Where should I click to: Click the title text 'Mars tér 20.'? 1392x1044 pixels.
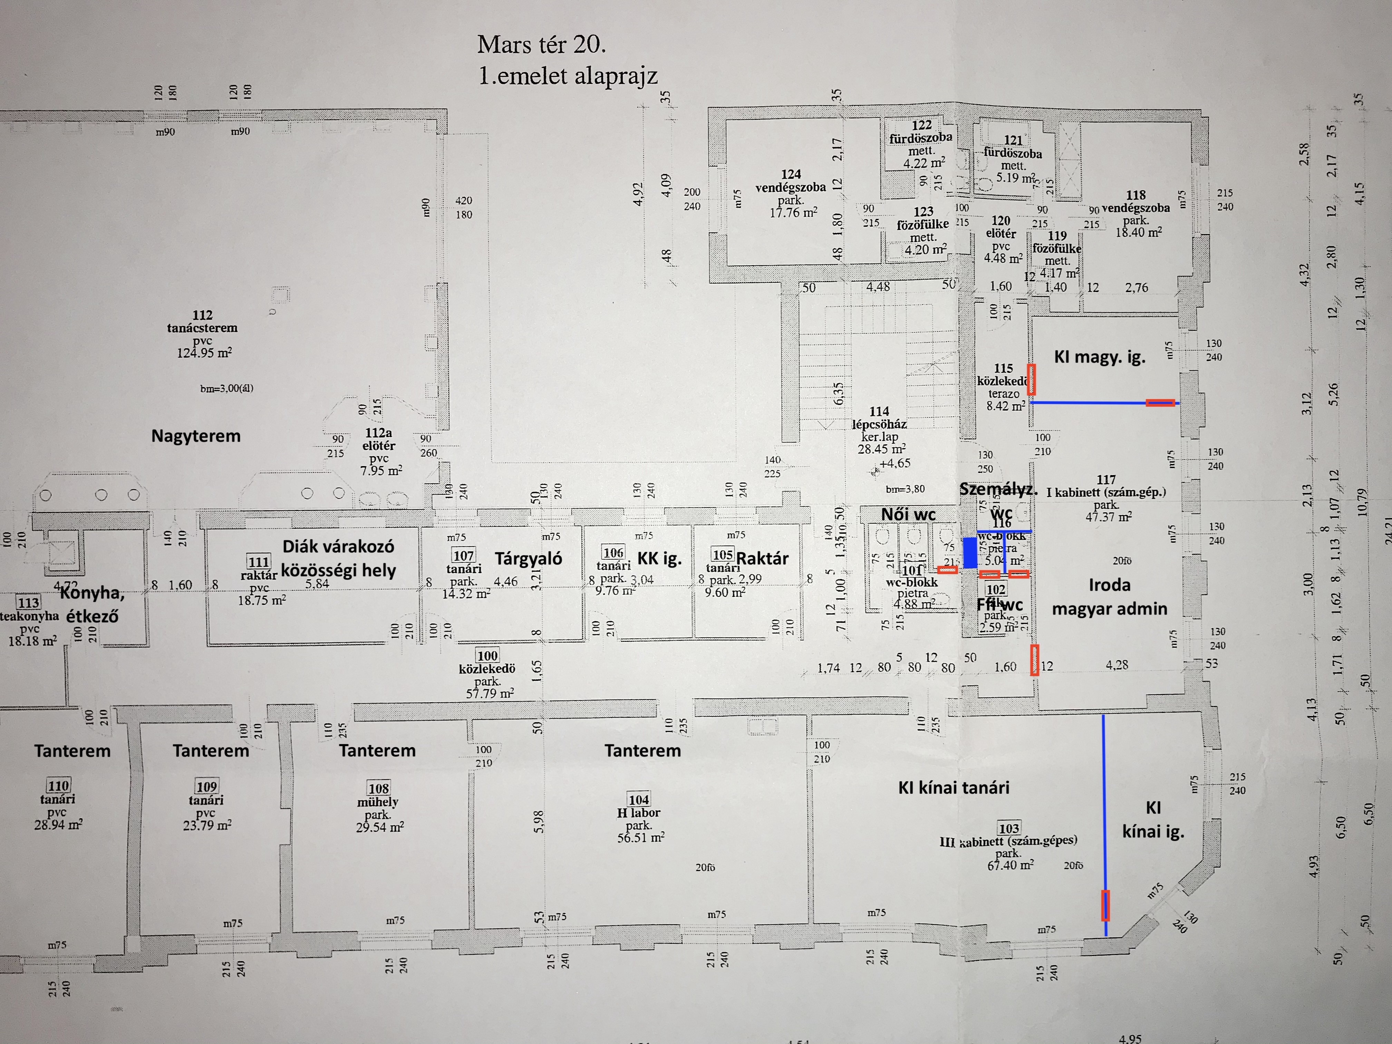pos(541,45)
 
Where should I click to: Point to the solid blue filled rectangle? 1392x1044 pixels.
pos(970,552)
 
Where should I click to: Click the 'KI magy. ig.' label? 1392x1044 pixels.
pos(1099,357)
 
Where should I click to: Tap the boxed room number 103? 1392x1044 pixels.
pos(1009,828)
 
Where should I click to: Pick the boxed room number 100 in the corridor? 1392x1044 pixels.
pos(487,656)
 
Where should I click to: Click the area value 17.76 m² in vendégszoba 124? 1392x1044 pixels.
pos(793,213)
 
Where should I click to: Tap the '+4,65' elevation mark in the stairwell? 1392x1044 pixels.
pos(894,464)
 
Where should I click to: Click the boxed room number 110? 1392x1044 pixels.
pos(58,785)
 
